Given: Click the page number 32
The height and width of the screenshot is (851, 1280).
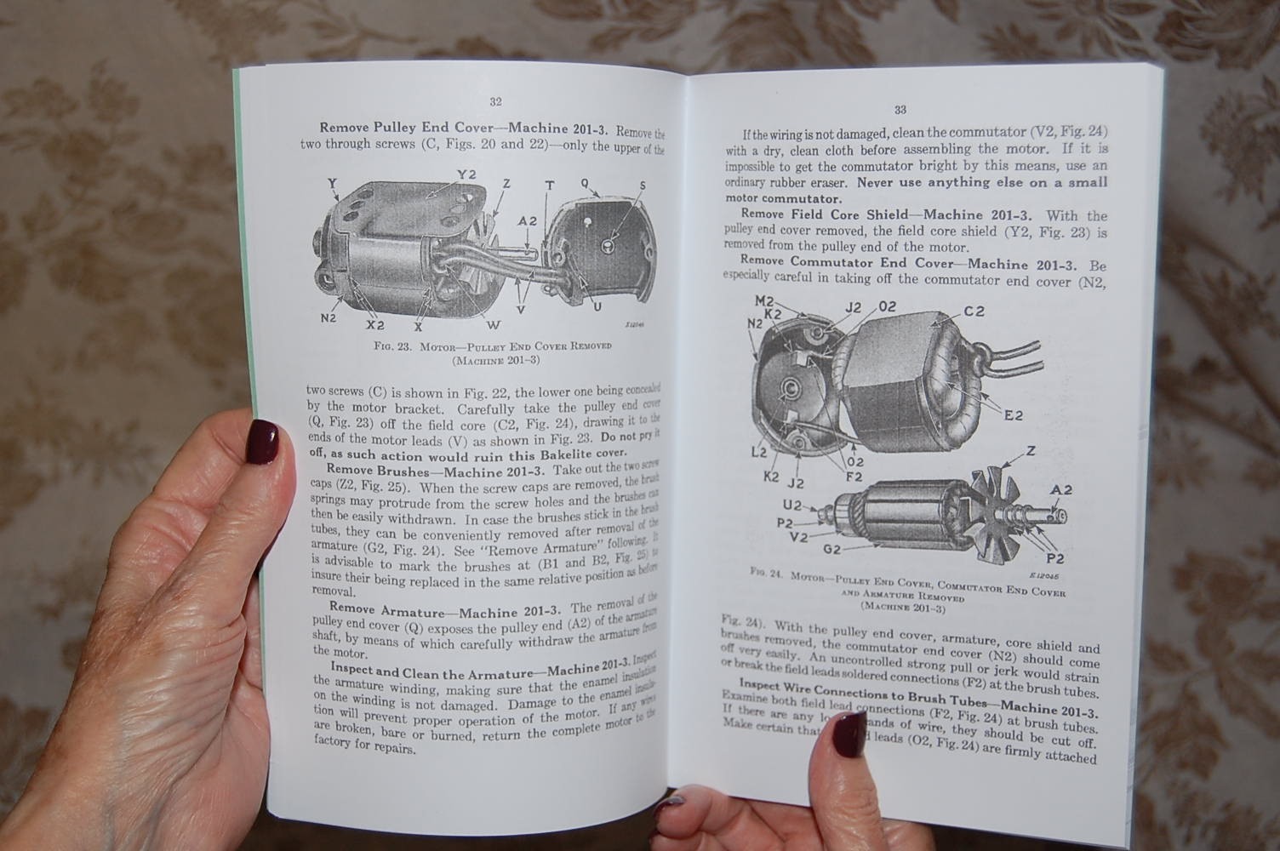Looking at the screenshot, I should [495, 101].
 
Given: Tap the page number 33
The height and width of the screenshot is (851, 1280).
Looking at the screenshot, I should [900, 110].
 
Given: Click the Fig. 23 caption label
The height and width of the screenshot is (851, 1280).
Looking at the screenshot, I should [391, 347].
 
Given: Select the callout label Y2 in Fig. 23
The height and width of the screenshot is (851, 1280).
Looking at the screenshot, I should [466, 174].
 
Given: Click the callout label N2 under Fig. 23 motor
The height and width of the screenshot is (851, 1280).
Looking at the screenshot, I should [328, 318].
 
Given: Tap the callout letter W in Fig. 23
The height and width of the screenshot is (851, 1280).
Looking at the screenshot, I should [494, 324].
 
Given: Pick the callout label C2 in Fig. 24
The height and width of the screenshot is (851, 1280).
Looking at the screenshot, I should [974, 311].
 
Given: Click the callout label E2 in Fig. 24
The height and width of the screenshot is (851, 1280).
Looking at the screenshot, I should [1013, 415].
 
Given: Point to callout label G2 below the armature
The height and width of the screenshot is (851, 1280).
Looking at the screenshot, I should [831, 549].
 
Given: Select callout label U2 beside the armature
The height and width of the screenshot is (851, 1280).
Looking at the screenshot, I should [791, 505].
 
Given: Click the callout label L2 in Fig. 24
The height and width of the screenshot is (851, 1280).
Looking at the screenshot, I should [758, 452].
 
